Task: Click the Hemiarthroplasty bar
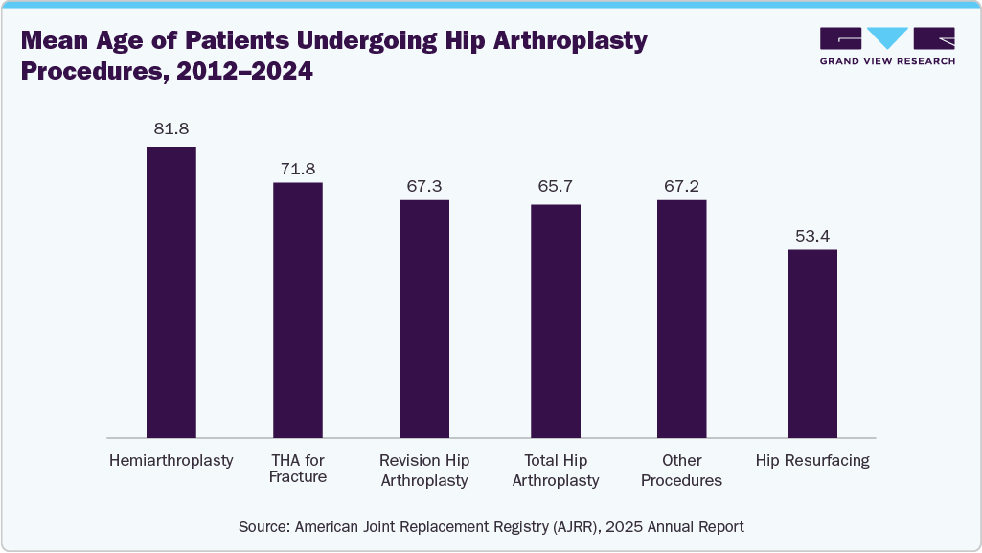[x=171, y=292]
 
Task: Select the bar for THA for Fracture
[x=298, y=310]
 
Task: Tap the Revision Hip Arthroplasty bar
[x=424, y=319]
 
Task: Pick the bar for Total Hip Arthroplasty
[x=556, y=321]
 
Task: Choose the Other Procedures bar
[x=681, y=319]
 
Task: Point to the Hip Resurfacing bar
[x=812, y=343]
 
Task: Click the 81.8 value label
[x=171, y=128]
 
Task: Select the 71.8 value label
[x=298, y=169]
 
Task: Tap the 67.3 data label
[x=424, y=185]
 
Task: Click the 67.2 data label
[x=681, y=185]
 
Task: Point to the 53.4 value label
[x=812, y=235]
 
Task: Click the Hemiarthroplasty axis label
[x=171, y=461]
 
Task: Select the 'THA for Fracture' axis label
[x=298, y=469]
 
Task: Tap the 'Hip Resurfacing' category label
[x=812, y=461]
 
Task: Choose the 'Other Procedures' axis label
[x=681, y=470]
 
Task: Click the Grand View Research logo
[x=887, y=46]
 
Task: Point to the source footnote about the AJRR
[x=491, y=526]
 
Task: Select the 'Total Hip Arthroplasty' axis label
[x=556, y=470]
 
